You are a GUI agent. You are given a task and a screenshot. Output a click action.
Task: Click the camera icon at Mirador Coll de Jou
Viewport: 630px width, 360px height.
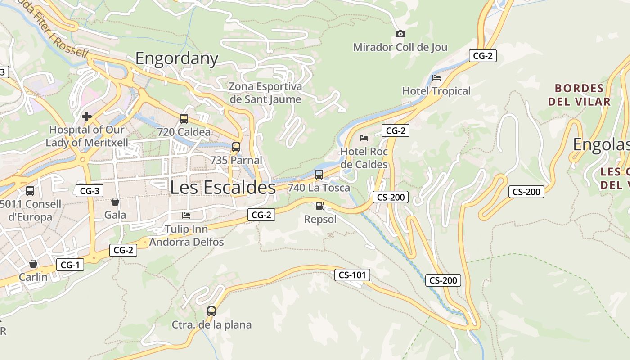coord(400,34)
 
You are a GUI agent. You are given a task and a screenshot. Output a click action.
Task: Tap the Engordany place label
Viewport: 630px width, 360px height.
coord(177,58)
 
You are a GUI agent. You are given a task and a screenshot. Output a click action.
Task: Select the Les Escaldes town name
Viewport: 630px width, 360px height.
coord(223,188)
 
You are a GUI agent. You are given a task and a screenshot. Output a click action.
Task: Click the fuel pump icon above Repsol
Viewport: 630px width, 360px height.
coord(320,206)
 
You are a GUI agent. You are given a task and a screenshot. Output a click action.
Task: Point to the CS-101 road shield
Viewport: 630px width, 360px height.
coord(352,275)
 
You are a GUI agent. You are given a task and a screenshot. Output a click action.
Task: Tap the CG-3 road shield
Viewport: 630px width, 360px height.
coord(90,191)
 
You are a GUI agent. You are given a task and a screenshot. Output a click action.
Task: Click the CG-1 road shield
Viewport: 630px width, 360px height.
coord(70,265)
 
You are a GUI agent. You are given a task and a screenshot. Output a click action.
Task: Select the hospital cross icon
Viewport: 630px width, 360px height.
coord(86,117)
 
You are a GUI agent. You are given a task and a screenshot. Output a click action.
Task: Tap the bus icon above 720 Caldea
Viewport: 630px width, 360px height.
coord(184,119)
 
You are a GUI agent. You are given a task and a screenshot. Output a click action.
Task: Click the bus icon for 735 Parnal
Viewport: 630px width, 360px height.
coord(236,147)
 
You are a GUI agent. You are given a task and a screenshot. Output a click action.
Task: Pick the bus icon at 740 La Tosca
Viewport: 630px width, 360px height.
coord(319,175)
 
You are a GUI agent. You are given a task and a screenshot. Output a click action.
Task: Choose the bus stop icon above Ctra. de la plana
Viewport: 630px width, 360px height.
coord(211,311)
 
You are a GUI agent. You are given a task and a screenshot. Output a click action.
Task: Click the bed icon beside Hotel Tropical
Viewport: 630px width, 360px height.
coord(436,78)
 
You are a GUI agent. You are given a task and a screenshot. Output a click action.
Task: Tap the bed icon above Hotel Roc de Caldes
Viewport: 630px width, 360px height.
coord(364,138)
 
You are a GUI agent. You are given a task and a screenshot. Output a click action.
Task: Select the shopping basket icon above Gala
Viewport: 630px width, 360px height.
coord(115,202)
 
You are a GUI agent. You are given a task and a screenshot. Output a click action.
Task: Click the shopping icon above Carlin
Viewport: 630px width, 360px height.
coord(33,264)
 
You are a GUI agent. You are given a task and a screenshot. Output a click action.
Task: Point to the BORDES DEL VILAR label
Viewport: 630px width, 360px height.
coord(579,94)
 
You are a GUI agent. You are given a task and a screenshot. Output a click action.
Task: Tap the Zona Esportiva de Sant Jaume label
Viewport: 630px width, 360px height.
coord(265,93)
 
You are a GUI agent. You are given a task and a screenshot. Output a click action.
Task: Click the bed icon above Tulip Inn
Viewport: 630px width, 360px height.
coord(186,216)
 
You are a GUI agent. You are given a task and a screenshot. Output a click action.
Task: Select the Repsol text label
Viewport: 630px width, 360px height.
coord(320,220)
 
